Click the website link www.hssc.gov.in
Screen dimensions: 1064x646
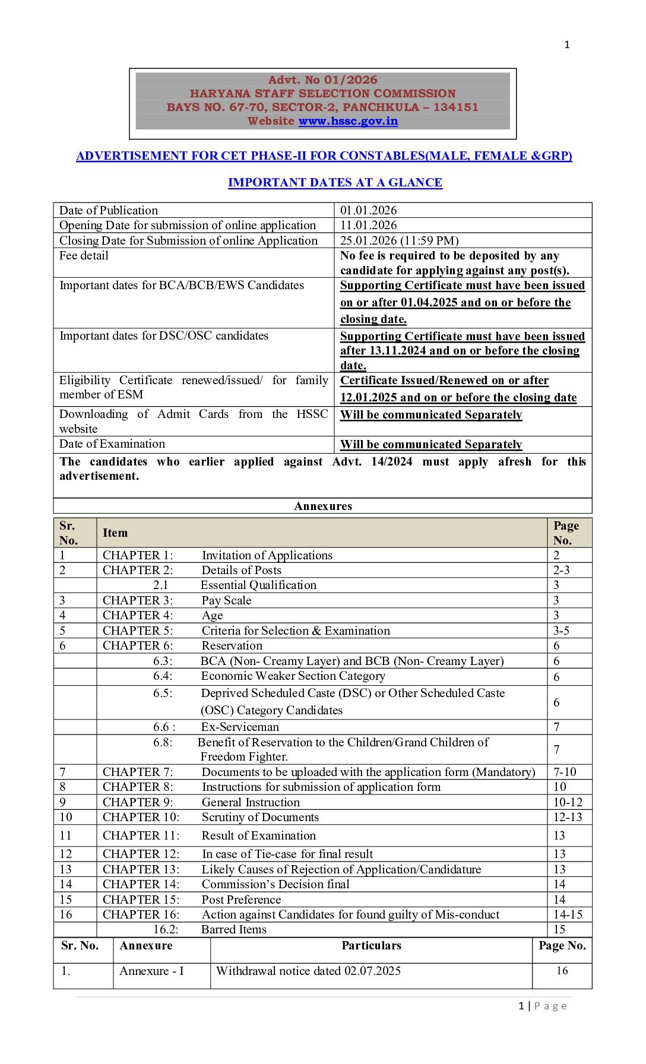tap(348, 121)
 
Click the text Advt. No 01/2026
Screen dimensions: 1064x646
tap(322, 80)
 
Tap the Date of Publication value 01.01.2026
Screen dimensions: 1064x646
tap(368, 210)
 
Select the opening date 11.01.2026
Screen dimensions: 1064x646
tap(368, 225)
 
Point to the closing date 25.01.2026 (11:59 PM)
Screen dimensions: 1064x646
tap(399, 240)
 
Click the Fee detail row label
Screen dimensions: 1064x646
tap(84, 255)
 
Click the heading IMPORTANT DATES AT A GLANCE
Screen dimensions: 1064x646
tap(335, 182)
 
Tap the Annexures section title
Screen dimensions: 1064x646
tap(323, 506)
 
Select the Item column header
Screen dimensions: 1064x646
tap(115, 533)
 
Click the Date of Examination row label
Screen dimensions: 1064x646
tap(112, 444)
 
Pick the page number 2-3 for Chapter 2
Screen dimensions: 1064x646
tap(561, 570)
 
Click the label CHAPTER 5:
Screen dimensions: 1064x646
tap(138, 631)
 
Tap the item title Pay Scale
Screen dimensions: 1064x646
tap(226, 600)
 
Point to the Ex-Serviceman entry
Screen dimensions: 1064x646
tap(240, 727)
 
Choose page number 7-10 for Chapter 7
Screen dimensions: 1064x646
tap(565, 772)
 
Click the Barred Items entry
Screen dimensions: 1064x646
tap(234, 929)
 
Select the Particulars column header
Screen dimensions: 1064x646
tap(371, 945)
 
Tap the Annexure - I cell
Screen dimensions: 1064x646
tap(151, 971)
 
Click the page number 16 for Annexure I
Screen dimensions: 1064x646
tap(562, 971)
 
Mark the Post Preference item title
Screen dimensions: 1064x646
tap(241, 900)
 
